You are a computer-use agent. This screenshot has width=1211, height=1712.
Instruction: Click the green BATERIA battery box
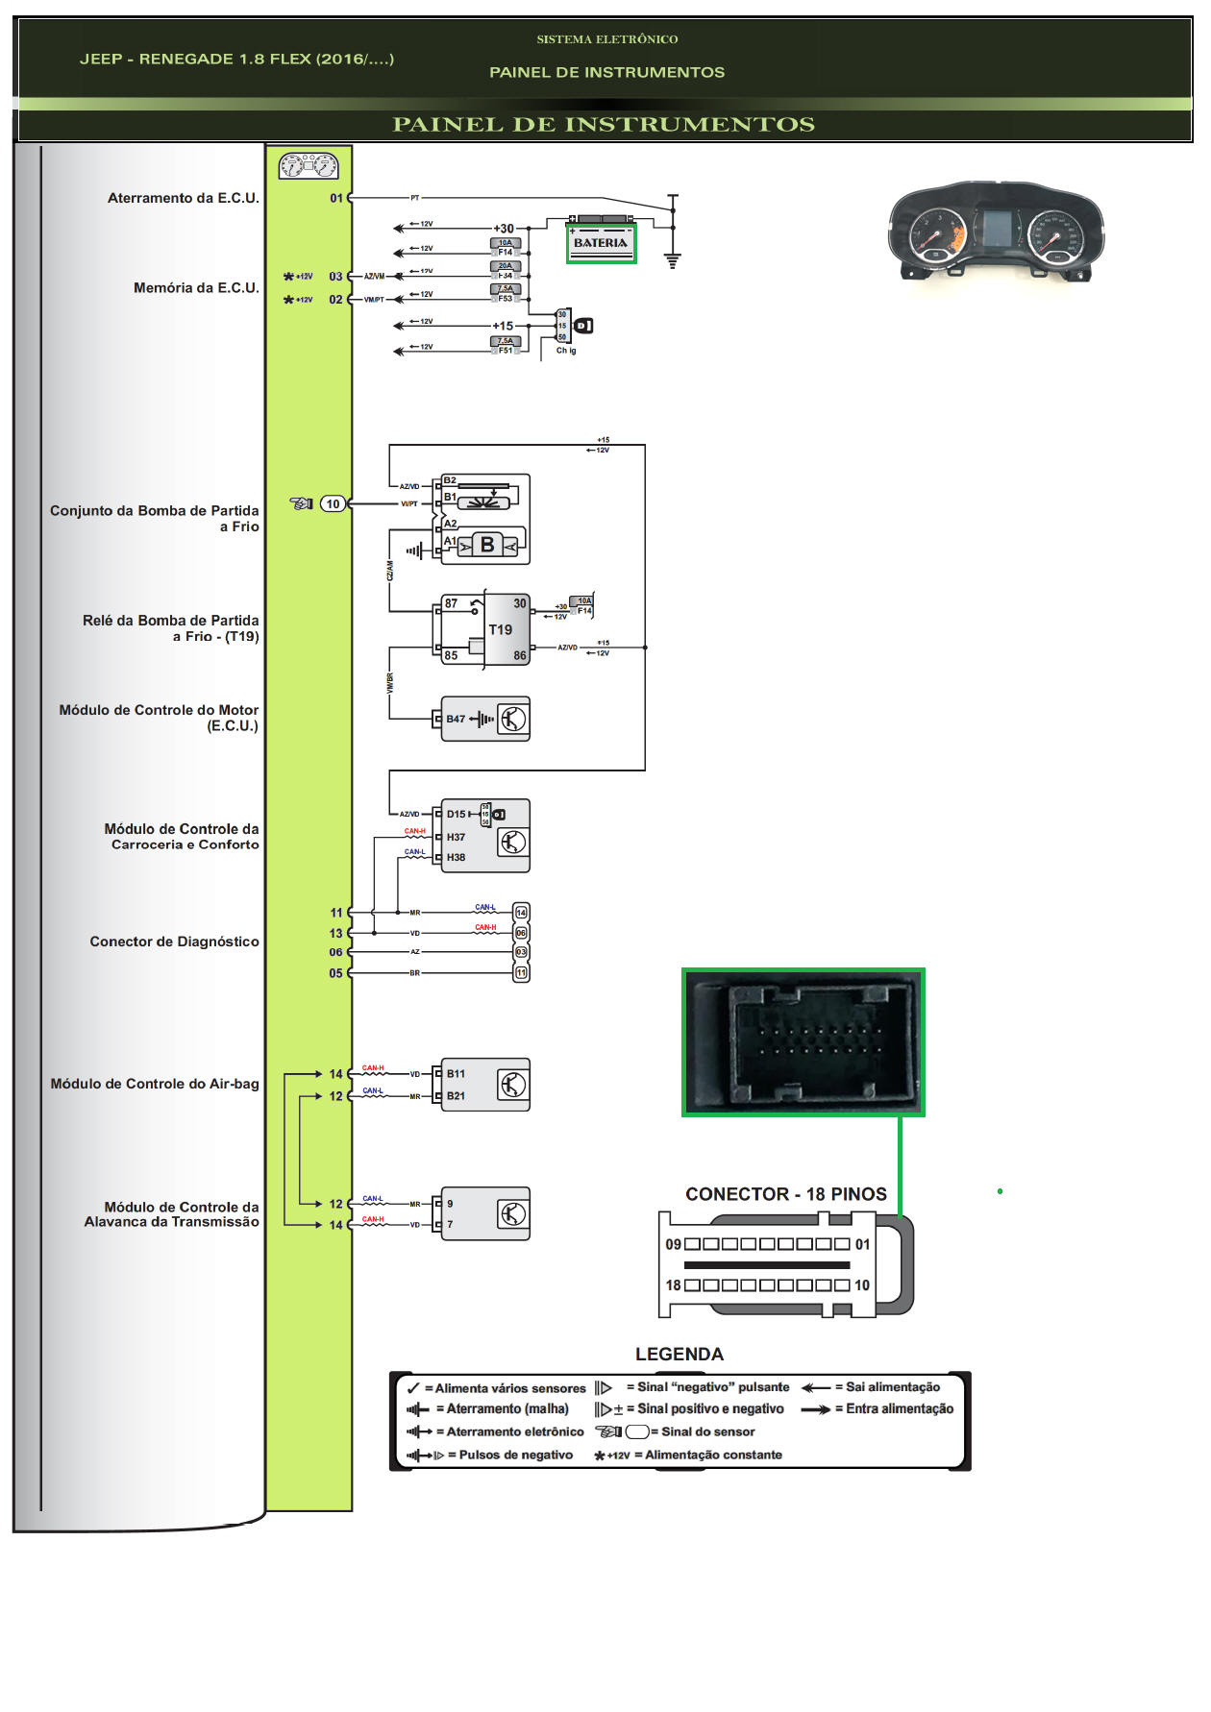pos(601,243)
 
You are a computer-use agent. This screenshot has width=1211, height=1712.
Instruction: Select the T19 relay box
pos(506,629)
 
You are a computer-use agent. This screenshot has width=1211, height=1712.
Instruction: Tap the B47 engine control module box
pos(485,719)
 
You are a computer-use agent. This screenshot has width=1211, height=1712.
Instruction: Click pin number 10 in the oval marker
pos(333,503)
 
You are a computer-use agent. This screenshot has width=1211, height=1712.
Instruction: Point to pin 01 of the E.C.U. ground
pos(335,198)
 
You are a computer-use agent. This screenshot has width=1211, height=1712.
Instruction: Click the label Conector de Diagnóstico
pos(174,942)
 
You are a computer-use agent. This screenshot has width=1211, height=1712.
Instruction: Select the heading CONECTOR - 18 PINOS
pos(785,1194)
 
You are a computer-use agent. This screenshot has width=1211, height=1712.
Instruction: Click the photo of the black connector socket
pos(803,1042)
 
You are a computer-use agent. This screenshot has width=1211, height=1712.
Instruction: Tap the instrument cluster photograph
pos(996,230)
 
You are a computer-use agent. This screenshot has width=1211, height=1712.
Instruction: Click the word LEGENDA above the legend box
pos(679,1354)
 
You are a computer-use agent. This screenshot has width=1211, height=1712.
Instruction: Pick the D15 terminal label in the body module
pos(456,814)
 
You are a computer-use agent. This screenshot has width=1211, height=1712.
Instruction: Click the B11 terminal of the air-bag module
pos(456,1074)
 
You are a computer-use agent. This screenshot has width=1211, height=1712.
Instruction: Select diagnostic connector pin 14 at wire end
pos(521,912)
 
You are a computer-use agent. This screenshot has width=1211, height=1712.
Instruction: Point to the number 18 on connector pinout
pos(673,1285)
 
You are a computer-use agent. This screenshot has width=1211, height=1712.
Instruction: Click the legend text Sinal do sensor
pos(707,1431)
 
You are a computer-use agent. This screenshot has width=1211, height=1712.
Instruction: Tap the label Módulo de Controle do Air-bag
pos(154,1084)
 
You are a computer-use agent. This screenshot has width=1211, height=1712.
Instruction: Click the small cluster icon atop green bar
pos(309,166)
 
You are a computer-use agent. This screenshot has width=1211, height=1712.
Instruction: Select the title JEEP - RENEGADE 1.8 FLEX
pos(236,59)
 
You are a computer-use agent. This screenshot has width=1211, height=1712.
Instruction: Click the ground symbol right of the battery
pos(673,258)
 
